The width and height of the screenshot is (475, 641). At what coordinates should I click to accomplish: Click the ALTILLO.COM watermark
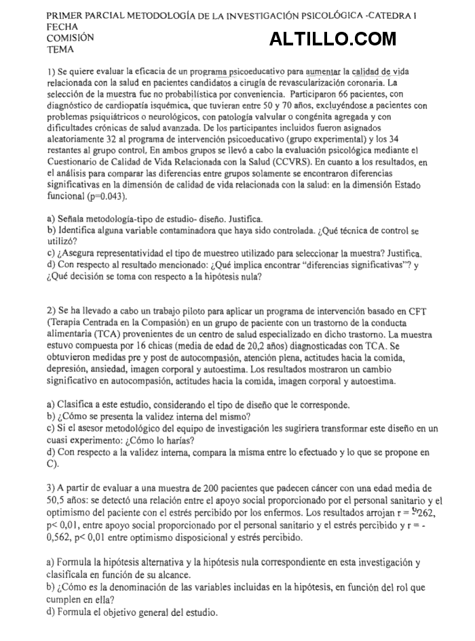pyautogui.click(x=332, y=39)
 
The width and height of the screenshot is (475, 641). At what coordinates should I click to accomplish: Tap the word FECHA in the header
pyautogui.click(x=62, y=26)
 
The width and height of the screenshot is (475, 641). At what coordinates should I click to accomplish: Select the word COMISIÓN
pyautogui.click(x=71, y=38)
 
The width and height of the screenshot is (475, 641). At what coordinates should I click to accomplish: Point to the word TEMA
pyautogui.click(x=60, y=49)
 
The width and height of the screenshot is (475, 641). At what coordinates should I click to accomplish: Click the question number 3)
pyautogui.click(x=52, y=488)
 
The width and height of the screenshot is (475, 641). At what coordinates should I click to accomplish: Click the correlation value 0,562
pyautogui.click(x=62, y=537)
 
